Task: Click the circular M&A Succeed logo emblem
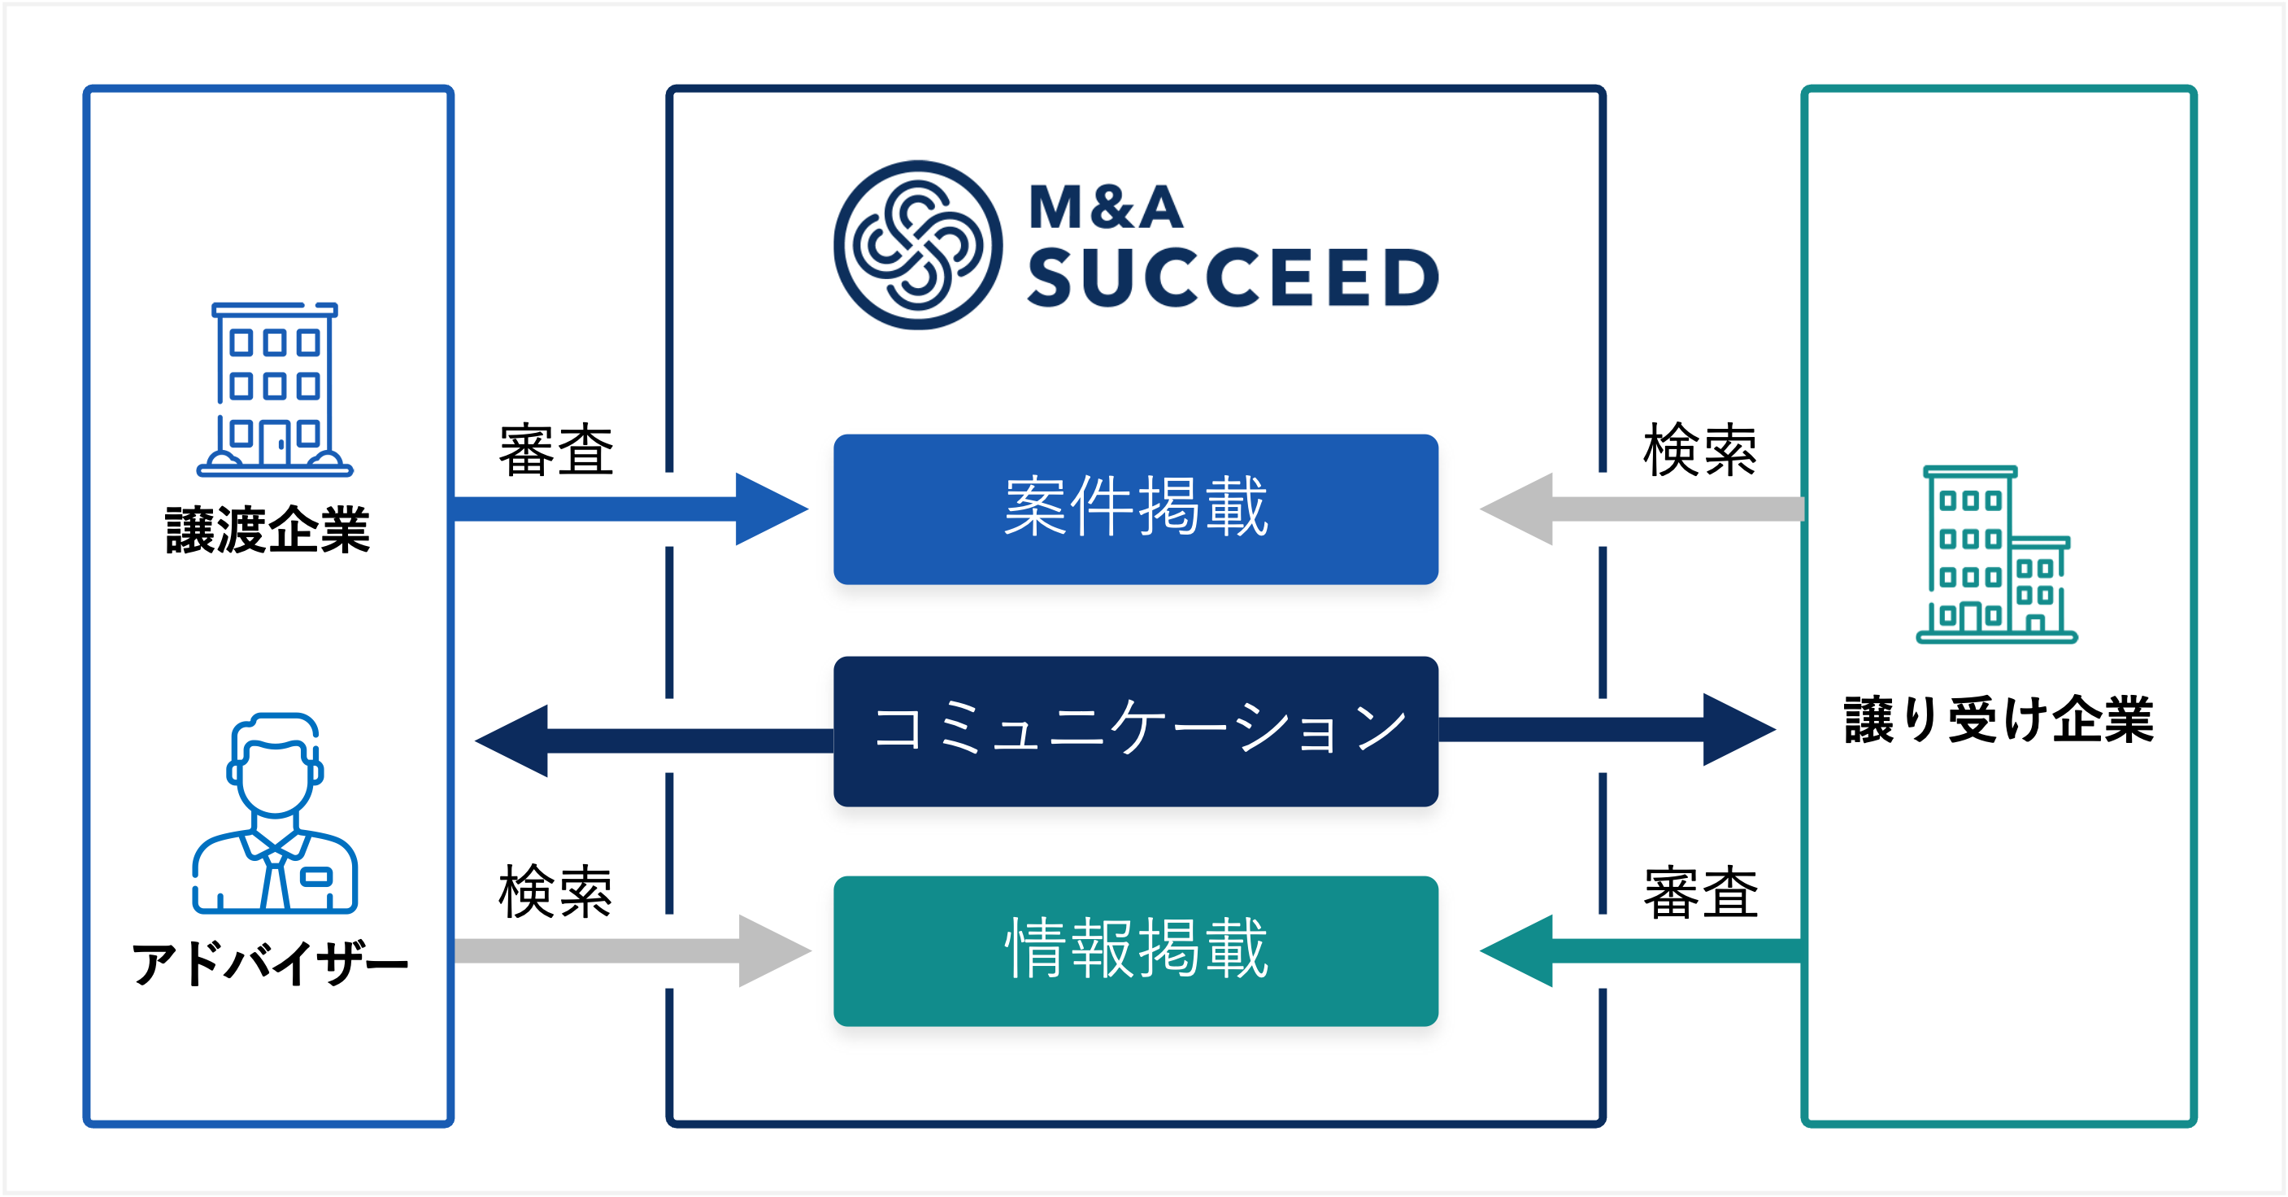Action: pyautogui.click(x=917, y=245)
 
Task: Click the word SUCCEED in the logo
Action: pyautogui.click(x=1233, y=277)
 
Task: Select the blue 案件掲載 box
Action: pyautogui.click(x=1135, y=509)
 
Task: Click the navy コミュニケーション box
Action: pyautogui.click(x=1135, y=731)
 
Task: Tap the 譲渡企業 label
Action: pyautogui.click(x=268, y=531)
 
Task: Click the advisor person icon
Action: pyautogui.click(x=275, y=814)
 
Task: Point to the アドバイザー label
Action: pyautogui.click(x=269, y=964)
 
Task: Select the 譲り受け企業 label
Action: pyautogui.click(x=1999, y=719)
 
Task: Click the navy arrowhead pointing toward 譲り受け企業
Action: pyautogui.click(x=1737, y=730)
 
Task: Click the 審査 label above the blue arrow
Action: pyautogui.click(x=556, y=451)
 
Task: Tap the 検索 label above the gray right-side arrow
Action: pyautogui.click(x=1699, y=451)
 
